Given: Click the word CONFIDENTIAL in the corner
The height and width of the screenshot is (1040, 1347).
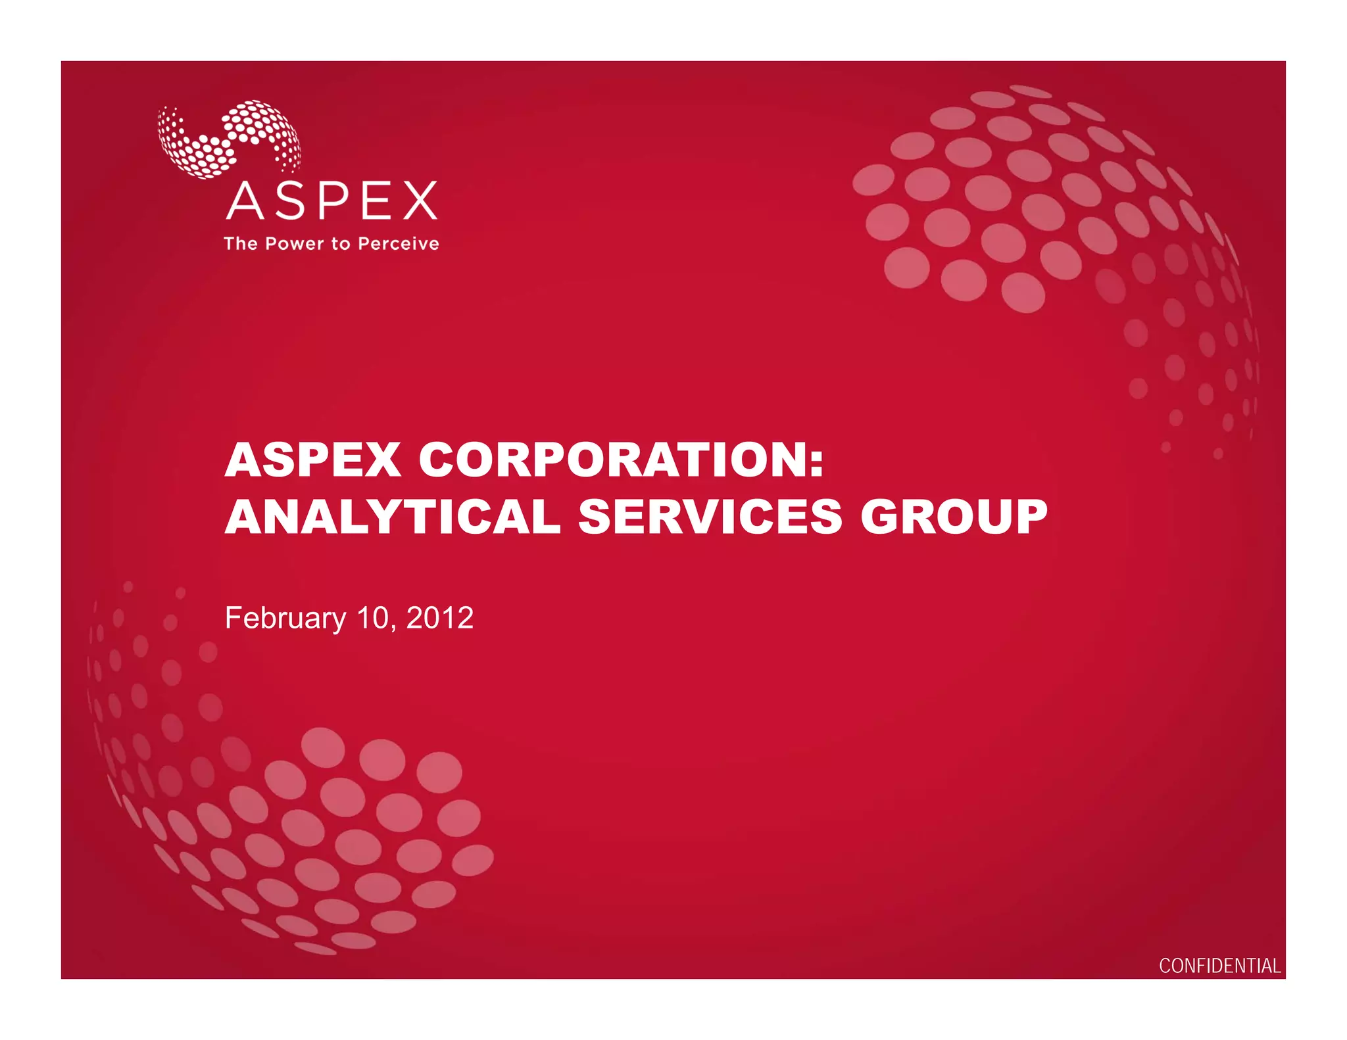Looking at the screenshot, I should (1219, 966).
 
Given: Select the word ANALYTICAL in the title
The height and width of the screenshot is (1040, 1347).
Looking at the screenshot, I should (393, 517).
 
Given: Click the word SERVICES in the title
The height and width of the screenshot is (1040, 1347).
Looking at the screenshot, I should (710, 517).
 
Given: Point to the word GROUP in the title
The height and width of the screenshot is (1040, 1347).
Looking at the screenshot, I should (954, 517).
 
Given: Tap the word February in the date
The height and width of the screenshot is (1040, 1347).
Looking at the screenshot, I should (285, 619).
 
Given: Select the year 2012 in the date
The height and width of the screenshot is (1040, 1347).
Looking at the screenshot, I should (439, 618).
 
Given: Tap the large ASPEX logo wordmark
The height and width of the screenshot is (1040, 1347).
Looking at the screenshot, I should (331, 201).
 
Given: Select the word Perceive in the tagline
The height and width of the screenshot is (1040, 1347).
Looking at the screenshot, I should (398, 244).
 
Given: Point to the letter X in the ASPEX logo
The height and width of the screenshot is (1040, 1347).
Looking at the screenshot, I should (420, 201).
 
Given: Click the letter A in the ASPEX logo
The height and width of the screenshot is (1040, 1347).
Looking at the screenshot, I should (245, 201).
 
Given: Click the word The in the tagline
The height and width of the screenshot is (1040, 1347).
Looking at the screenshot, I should (241, 244).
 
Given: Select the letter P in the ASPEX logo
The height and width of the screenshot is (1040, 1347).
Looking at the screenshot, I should (333, 201).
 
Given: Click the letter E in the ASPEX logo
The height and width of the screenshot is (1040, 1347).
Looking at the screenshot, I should (375, 201).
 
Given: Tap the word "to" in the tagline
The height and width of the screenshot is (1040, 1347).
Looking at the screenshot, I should (341, 244).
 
